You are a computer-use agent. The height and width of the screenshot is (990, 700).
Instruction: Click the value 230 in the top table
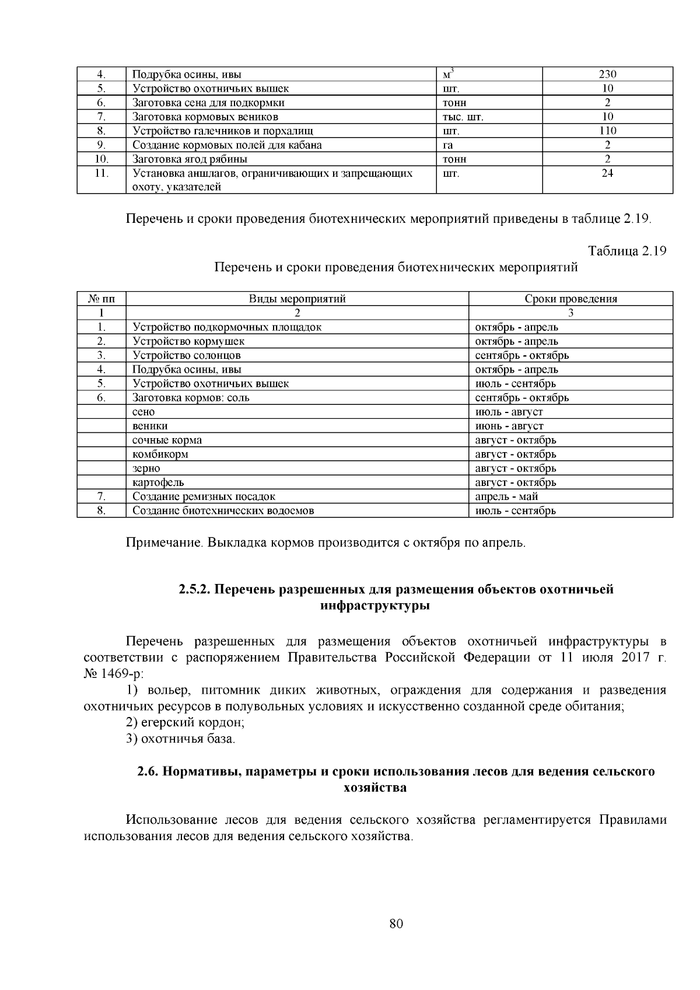coord(607,74)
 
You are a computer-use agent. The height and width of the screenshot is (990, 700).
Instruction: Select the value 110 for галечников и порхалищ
coord(607,131)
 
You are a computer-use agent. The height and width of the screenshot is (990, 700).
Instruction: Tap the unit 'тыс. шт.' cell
coord(463,117)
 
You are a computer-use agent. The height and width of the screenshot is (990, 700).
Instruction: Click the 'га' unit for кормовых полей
coord(448,145)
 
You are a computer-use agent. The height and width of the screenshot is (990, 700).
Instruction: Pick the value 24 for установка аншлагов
coord(607,173)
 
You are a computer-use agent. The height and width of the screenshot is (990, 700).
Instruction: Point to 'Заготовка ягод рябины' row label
coord(190,159)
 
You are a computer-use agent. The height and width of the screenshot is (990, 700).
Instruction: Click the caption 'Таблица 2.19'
coord(627,251)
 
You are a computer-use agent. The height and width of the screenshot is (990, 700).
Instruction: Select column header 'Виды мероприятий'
coord(297,299)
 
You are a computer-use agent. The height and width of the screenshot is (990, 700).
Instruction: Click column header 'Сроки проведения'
coord(570,299)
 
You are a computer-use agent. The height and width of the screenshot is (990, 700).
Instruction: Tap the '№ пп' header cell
coord(101,299)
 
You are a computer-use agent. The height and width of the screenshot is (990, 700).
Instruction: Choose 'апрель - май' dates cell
coord(506,496)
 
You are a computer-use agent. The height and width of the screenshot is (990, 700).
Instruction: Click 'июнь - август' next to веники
coord(509,426)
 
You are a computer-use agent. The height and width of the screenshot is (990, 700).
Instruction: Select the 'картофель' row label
coord(158,482)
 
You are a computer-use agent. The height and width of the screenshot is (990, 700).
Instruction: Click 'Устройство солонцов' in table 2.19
coord(187,355)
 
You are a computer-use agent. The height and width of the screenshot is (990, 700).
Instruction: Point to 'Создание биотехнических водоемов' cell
coord(223,510)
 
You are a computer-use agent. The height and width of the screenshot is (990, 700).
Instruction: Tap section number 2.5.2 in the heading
coord(195,589)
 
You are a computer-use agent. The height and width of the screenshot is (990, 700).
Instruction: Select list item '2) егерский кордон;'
coord(185,722)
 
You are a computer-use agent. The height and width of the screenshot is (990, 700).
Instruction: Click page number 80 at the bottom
coord(396,923)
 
